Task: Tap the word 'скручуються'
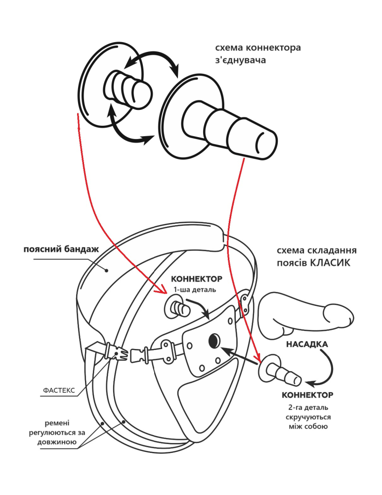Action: pos(306,417)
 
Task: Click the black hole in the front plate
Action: pos(214,340)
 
